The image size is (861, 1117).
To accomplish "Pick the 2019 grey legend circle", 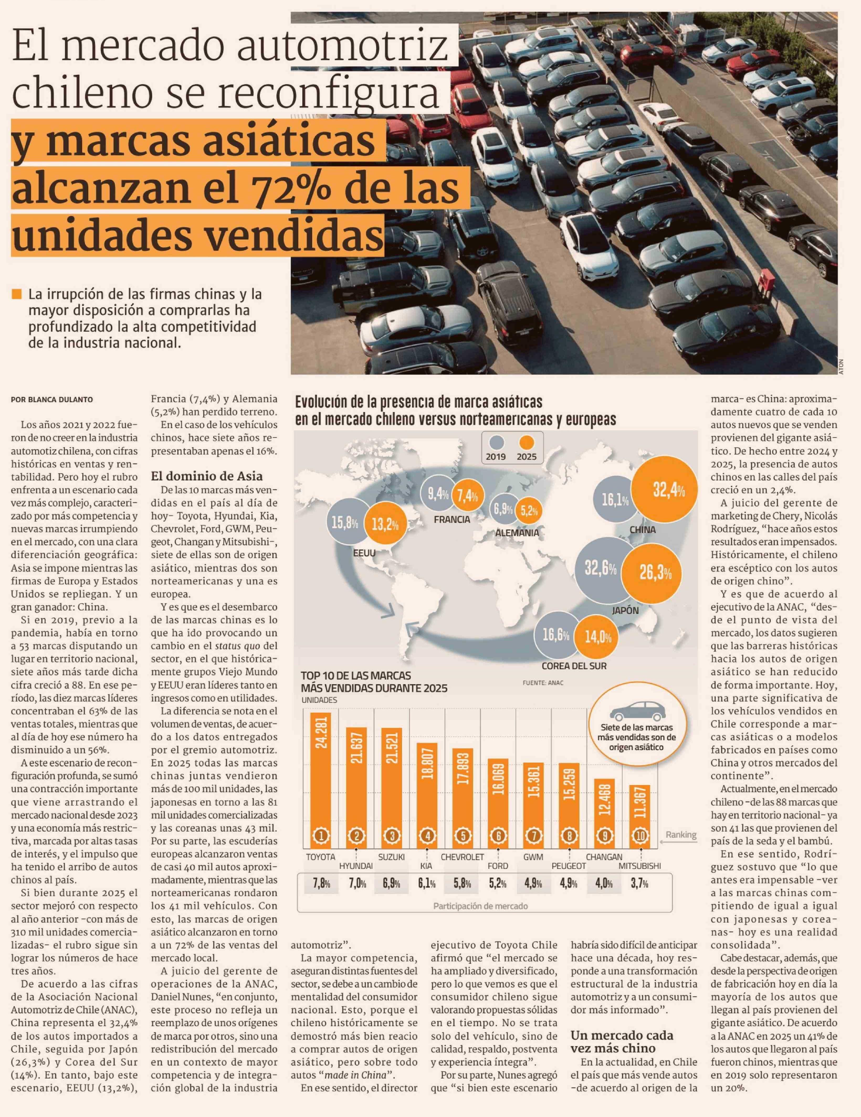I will pos(496,442).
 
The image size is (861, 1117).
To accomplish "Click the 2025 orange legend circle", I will pos(526,442).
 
